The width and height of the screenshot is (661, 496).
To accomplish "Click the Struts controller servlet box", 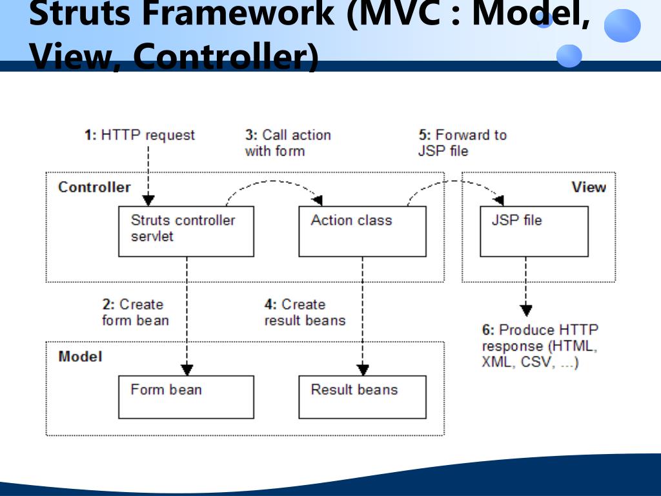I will pos(186,231).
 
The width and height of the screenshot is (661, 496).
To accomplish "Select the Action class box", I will pos(362,231).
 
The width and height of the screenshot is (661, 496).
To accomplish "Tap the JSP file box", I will pos(534,231).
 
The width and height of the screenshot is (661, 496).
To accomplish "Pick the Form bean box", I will pos(186,397).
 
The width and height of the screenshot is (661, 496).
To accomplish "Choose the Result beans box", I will pos(362,397).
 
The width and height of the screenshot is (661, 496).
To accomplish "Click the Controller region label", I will pos(94,187).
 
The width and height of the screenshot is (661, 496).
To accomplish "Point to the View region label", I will pos(588,187).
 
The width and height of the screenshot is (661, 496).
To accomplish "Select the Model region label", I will pos(80,356).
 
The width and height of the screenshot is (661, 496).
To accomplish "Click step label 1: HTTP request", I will pos(139,135).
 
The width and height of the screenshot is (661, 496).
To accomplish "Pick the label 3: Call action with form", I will pos(287,143).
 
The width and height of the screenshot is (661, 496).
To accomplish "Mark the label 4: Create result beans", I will pos(305,312).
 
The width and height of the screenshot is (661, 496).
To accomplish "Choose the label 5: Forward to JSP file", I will pos(462,143).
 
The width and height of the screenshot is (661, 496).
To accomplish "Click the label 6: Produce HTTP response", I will pos(540,346).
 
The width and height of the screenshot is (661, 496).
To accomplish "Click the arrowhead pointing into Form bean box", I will pos(187,370).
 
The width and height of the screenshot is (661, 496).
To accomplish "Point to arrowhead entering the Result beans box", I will pos(363,370).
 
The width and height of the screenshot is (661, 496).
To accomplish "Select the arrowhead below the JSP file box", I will pos(526,310).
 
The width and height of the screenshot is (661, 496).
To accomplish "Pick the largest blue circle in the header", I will pos(622,26).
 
